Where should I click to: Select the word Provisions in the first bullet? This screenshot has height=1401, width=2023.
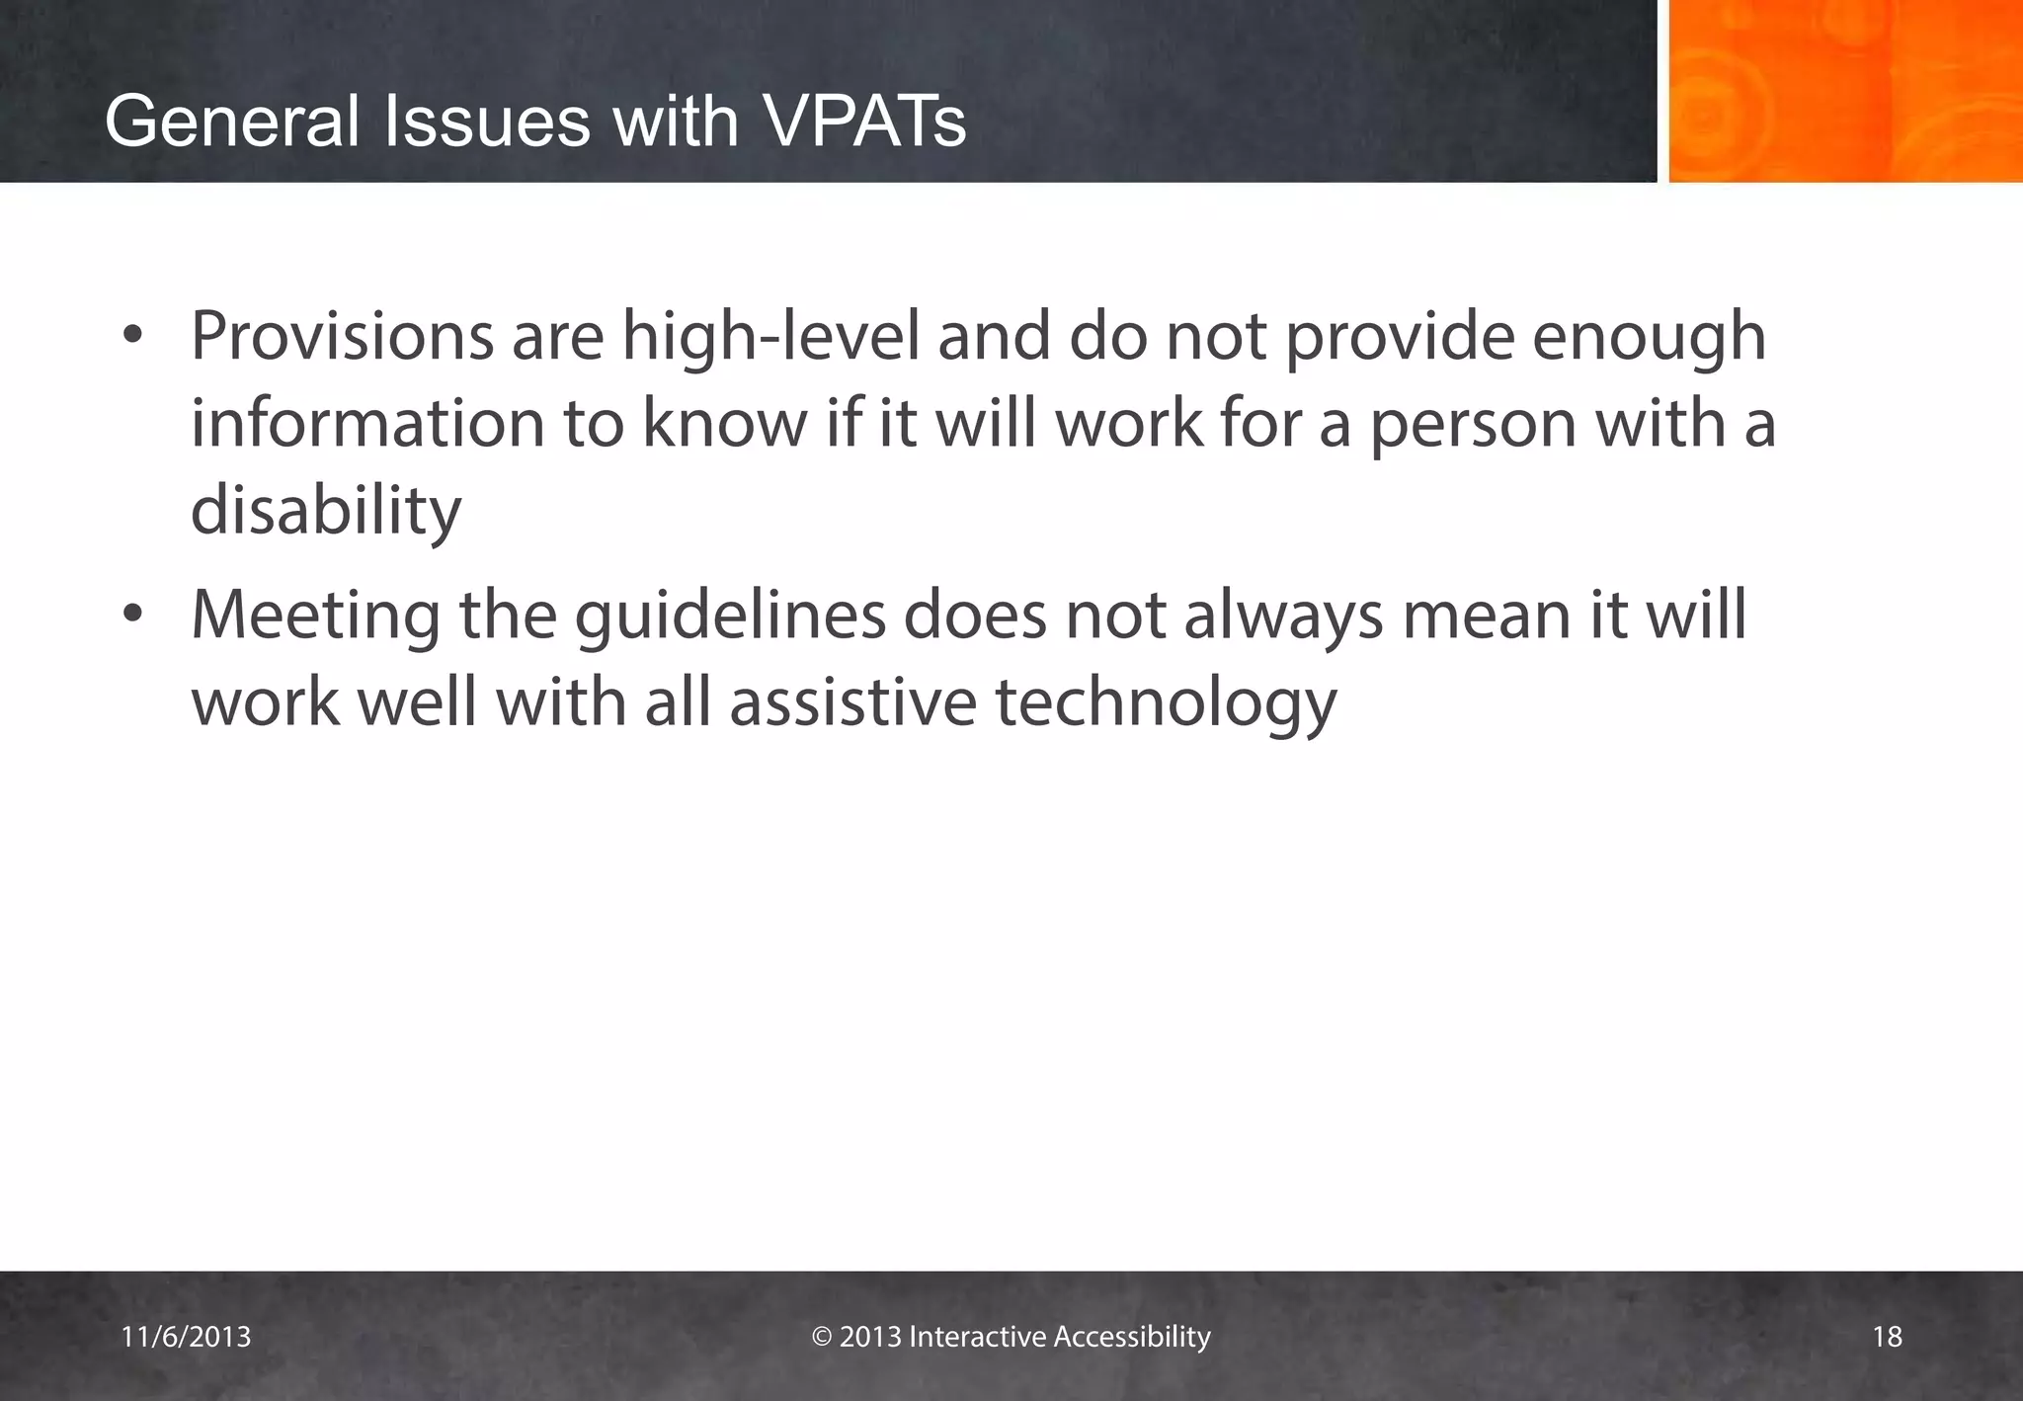[x=342, y=336]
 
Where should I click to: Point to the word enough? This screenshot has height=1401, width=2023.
[x=1649, y=338]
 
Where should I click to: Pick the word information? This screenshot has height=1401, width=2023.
[x=367, y=423]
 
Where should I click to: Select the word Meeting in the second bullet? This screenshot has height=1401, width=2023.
[x=316, y=617]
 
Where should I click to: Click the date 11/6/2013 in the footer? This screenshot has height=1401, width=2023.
[x=186, y=1337]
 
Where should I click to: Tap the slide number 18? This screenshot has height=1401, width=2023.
[x=1887, y=1337]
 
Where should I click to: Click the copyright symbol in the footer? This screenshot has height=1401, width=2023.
[x=822, y=1337]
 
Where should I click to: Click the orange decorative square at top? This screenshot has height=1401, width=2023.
[x=1844, y=91]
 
